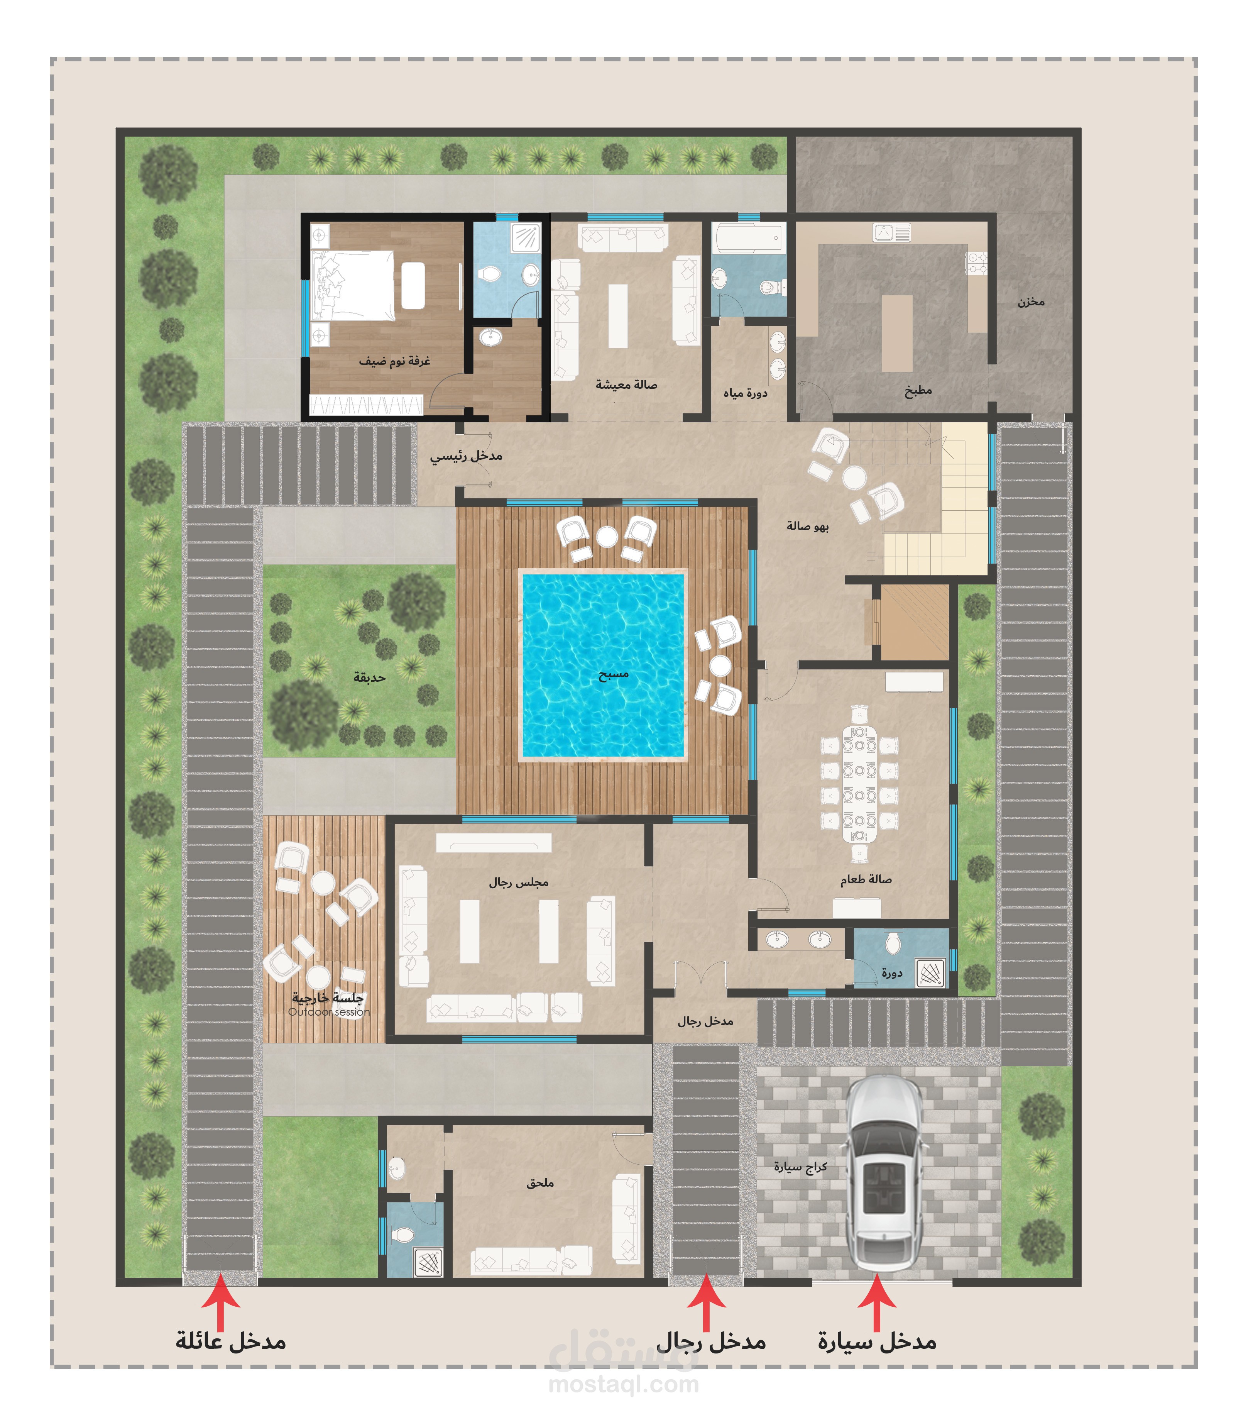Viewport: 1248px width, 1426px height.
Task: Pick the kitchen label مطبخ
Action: click(x=918, y=390)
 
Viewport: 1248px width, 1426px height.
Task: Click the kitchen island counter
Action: click(x=897, y=333)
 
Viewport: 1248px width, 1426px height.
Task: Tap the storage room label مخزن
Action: click(x=1031, y=301)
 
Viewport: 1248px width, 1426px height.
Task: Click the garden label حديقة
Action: click(x=369, y=677)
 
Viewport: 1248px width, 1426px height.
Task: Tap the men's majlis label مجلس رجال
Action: click(x=518, y=882)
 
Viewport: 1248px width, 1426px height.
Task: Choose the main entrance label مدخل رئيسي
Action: click(x=466, y=456)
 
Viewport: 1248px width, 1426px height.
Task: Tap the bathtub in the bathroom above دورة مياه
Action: click(x=749, y=237)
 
